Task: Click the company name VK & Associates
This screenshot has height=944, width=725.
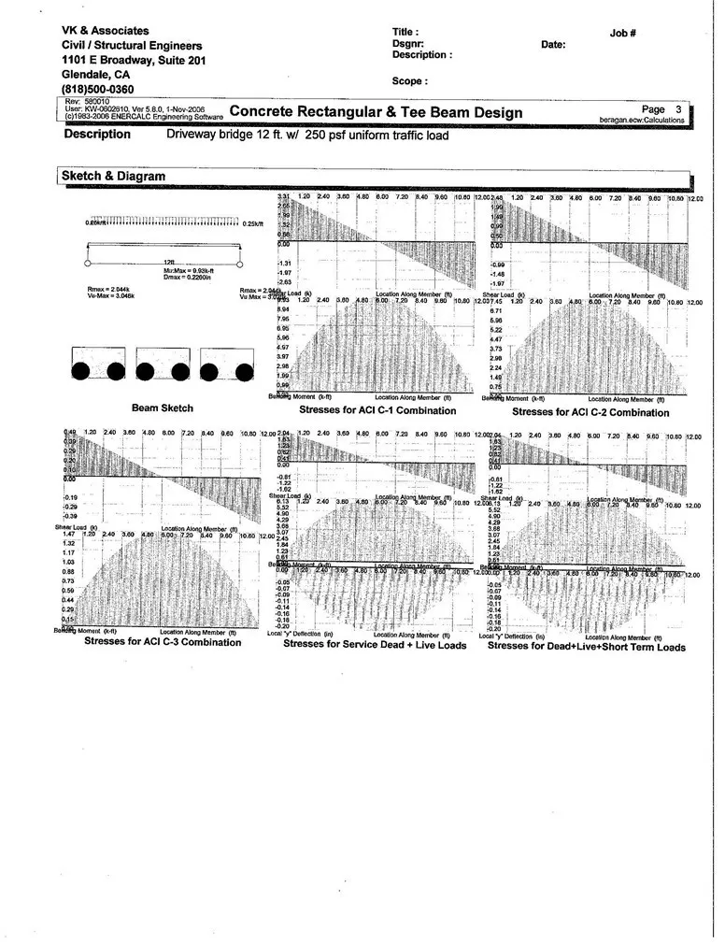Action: (x=105, y=31)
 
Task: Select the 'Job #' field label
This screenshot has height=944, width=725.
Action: (x=623, y=33)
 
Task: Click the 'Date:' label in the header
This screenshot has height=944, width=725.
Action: (x=553, y=44)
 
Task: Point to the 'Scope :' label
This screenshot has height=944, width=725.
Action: (x=410, y=81)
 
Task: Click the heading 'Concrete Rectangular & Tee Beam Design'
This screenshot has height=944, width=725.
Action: (x=376, y=113)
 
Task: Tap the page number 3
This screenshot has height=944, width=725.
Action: (x=678, y=109)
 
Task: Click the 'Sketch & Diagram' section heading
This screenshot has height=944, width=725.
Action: (x=113, y=176)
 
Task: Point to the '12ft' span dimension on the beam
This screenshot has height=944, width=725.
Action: (x=168, y=262)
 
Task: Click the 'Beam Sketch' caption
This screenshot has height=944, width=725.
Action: (x=163, y=408)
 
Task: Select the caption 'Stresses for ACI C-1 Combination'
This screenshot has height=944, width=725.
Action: (x=377, y=410)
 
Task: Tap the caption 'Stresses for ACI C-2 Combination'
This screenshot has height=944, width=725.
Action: (x=590, y=411)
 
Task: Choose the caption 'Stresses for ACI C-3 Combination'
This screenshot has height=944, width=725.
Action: (x=163, y=641)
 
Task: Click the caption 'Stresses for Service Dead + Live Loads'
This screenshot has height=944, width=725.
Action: (x=375, y=644)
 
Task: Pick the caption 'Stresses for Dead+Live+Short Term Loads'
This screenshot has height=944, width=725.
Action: (x=586, y=646)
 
